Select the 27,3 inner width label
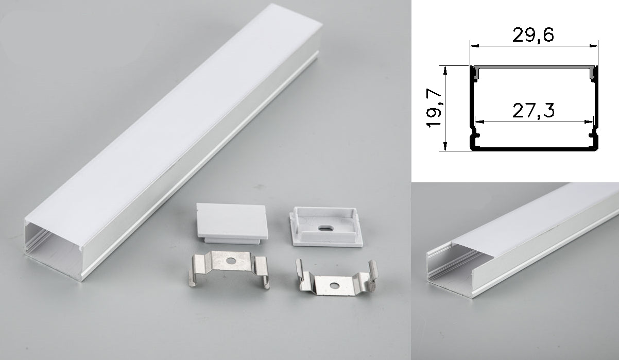coord(534,111)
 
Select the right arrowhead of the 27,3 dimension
coord(591,122)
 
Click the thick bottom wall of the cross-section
coord(534,149)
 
